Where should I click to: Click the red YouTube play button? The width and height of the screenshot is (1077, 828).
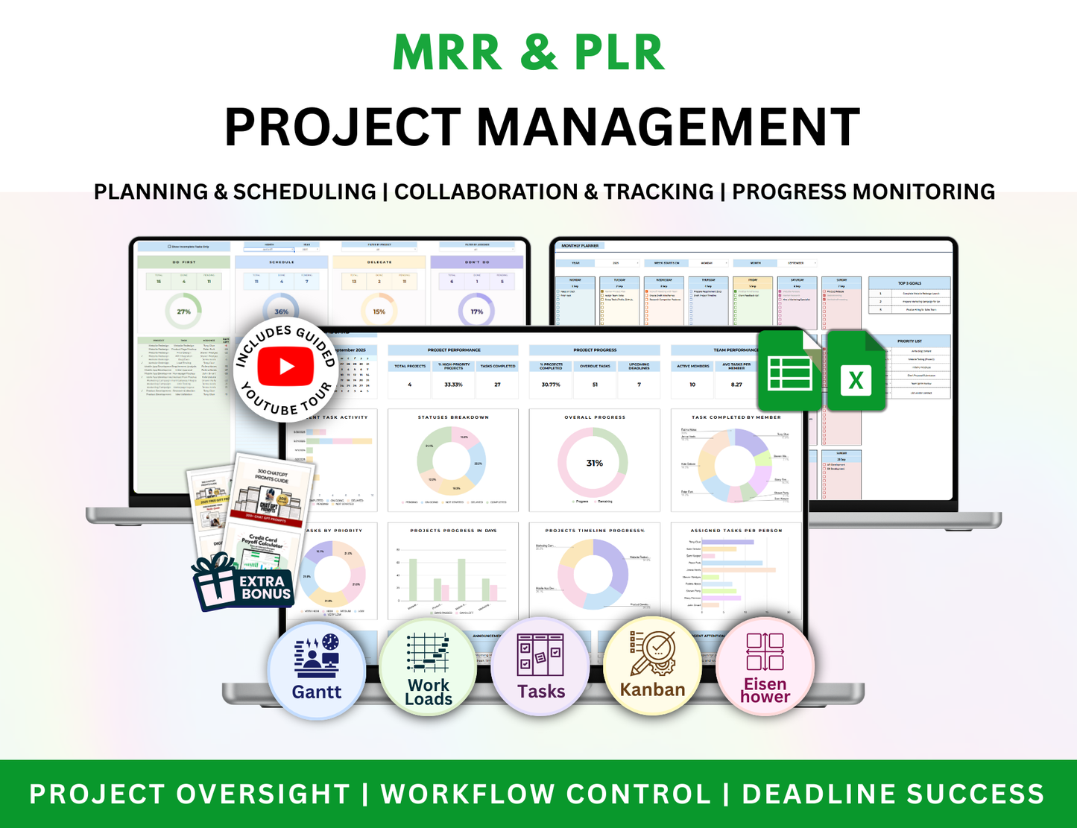(x=285, y=367)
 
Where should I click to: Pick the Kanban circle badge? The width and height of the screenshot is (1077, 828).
(x=652, y=668)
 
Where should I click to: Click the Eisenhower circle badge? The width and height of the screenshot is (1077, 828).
(x=765, y=668)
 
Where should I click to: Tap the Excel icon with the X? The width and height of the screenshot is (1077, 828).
(x=856, y=371)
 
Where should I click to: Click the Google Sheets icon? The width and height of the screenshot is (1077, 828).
(x=790, y=371)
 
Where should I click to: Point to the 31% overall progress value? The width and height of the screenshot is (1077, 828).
(x=594, y=463)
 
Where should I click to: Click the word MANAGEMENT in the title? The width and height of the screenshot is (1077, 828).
(x=668, y=127)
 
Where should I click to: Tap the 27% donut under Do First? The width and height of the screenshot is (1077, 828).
(x=183, y=312)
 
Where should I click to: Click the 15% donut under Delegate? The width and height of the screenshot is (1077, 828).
(x=379, y=312)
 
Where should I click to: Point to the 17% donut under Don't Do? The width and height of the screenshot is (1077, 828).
(x=476, y=312)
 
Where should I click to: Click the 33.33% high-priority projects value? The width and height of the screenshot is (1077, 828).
(x=453, y=385)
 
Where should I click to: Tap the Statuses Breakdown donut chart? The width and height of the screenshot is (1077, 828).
(x=452, y=463)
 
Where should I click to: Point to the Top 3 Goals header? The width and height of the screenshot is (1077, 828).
(x=909, y=283)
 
